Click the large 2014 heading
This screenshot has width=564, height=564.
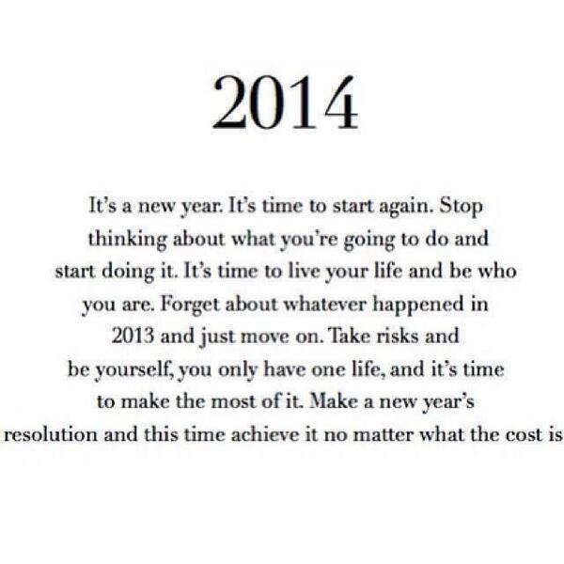(x=284, y=104)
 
